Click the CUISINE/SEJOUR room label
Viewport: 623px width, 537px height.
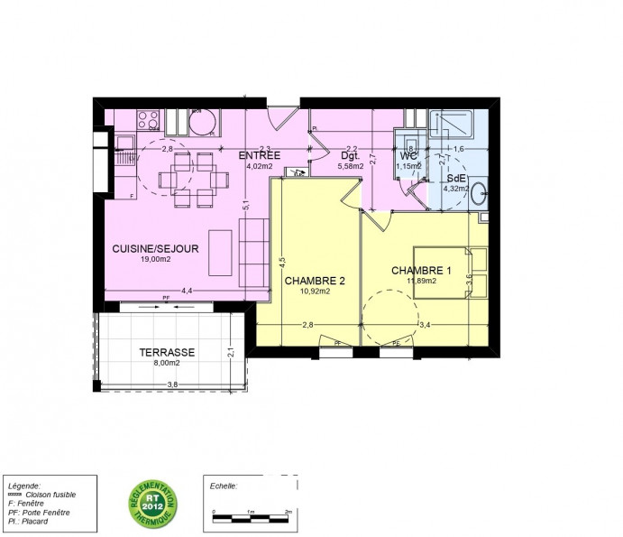coord(155,247)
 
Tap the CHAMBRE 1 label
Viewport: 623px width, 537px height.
coord(421,270)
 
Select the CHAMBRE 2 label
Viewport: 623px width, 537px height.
coord(307,281)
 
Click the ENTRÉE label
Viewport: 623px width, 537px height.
coord(260,156)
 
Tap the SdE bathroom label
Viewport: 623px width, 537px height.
coord(456,179)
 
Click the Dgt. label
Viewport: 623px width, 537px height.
coord(350,156)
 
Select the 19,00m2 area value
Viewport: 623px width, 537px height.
coord(155,258)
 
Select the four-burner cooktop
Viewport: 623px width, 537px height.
coord(149,120)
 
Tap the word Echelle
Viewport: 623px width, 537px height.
coord(222,485)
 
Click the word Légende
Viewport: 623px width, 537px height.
coord(23,485)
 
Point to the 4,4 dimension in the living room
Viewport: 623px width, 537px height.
coord(187,291)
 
